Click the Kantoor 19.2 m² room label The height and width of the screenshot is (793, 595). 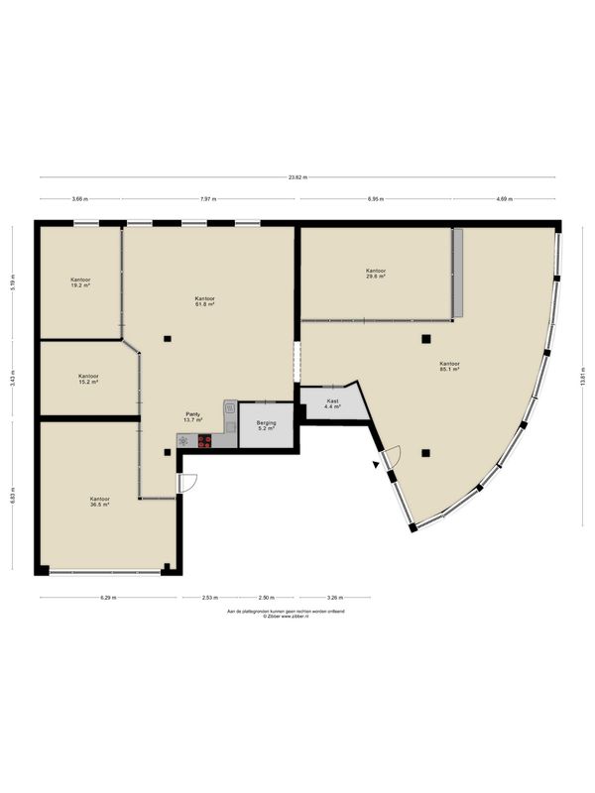coord(80,283)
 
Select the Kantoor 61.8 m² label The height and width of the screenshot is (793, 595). coord(205,301)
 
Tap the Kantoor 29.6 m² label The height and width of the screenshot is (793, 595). coord(375,274)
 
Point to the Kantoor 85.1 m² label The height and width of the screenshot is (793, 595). coord(449,367)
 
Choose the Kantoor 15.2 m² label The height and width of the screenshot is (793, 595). coord(88,379)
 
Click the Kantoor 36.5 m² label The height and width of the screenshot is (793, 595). coord(99,502)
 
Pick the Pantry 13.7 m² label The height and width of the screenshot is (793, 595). coord(193,417)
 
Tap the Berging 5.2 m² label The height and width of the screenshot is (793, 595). coord(265,425)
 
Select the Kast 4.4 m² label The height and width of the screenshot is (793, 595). coord(332,403)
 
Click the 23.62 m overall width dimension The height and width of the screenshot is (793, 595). coord(297,177)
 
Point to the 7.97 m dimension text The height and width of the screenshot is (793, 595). coord(206,199)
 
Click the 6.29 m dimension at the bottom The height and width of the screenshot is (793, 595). coord(108,598)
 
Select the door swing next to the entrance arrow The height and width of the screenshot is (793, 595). coord(392,459)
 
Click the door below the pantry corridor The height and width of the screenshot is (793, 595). coord(187,482)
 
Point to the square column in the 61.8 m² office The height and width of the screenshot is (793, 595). coord(168,339)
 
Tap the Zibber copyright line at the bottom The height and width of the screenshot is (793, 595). coord(297,617)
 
